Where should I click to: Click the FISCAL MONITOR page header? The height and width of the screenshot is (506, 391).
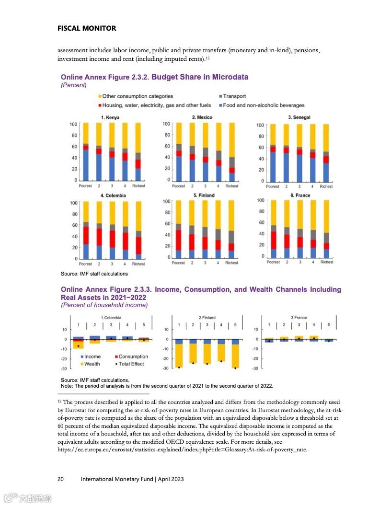pos(86,28)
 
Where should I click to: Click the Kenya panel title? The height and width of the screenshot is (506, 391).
pos(110,117)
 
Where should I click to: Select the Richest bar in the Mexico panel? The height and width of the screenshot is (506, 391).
pos(232,152)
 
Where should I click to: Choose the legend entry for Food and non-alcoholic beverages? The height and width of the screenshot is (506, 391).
pos(264,105)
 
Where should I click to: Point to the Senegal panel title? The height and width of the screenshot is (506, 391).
pos(299,117)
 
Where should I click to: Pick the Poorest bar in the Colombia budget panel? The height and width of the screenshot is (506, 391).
pos(86,230)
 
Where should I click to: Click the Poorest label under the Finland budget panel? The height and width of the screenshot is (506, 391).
pos(178,263)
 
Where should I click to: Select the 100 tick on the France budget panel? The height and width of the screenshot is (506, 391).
pos(260,200)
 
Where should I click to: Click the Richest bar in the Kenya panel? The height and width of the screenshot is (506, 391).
pos(138,152)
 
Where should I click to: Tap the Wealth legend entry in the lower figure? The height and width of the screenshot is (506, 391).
pos(92,364)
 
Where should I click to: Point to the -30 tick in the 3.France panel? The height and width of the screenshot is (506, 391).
pos(256,368)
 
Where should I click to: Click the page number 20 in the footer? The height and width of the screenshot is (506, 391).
pos(61,479)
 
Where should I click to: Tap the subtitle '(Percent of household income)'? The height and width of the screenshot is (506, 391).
pos(104,305)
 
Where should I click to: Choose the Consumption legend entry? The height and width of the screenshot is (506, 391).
pos(133,356)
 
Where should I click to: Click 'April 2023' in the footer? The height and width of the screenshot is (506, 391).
pos(171,479)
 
